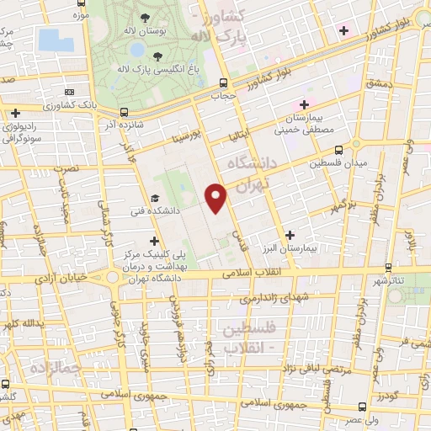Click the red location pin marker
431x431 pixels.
(x=217, y=198)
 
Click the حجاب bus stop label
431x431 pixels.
(x=221, y=96)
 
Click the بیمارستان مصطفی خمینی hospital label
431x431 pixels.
(x=306, y=124)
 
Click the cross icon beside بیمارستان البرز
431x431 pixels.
(x=290, y=235)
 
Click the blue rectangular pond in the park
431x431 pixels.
(x=50, y=40)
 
